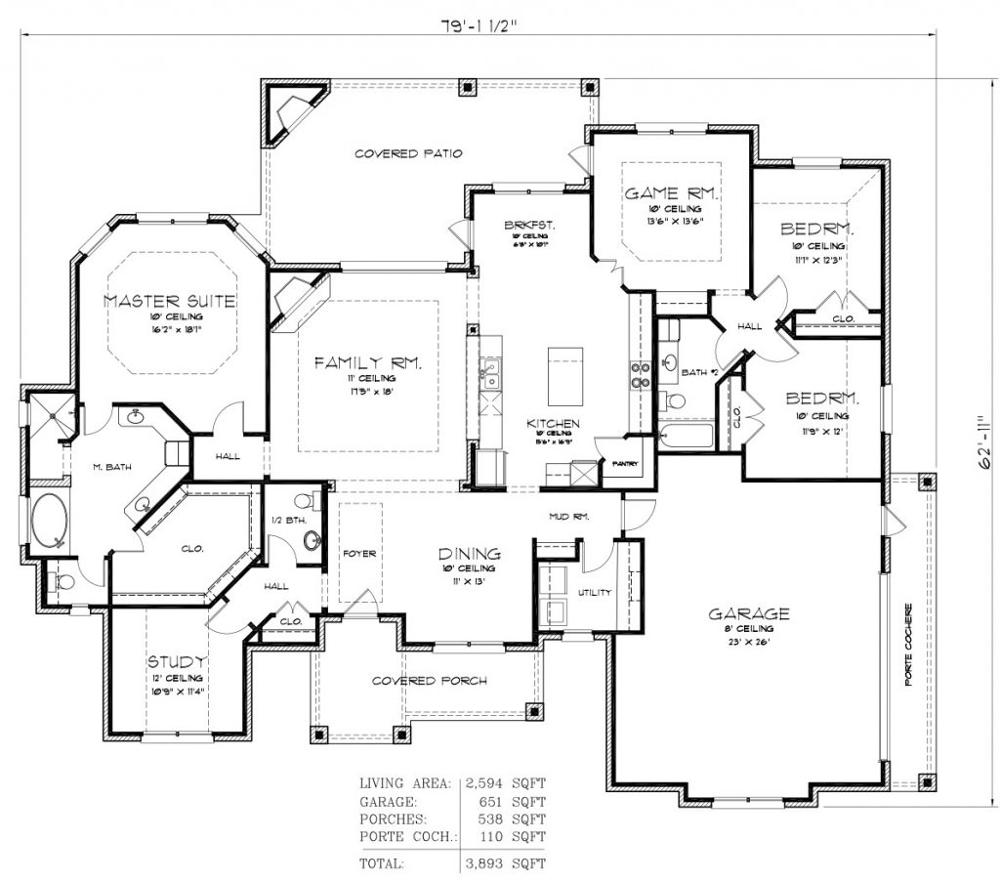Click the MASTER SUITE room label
pos(170,301)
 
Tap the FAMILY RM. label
pos(367,363)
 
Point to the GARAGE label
pos(748,614)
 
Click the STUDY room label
pos(176,661)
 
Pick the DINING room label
pos(470,553)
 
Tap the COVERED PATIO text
pos(407,153)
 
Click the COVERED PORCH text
pos(429,681)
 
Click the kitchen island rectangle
pos(562,375)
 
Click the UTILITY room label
pos(594,592)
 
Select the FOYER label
pos(359,553)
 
